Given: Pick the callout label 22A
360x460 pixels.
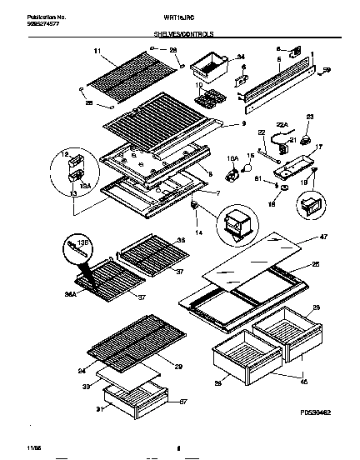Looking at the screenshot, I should point(280,124).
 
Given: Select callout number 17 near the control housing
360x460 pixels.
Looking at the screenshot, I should point(317,147).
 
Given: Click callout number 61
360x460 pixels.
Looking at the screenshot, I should point(257,178).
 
